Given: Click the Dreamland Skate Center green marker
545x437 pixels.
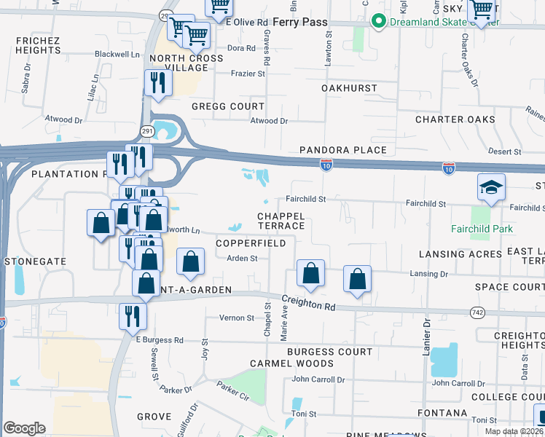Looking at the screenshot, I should [x=377, y=22].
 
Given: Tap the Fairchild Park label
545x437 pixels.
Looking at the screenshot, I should [x=482, y=229].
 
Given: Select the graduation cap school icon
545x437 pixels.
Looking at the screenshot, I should [x=491, y=188].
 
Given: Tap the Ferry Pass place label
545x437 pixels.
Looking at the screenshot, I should [x=300, y=23].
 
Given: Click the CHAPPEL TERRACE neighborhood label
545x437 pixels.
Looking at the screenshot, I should [x=281, y=221].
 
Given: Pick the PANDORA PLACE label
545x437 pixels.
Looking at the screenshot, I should [x=343, y=150].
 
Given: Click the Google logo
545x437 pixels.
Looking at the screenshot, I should [x=24, y=428].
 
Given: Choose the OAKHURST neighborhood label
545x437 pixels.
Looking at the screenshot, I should [x=350, y=88].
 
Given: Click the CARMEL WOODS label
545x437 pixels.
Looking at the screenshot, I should [x=291, y=363].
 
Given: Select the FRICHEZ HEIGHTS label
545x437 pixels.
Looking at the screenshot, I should [x=36, y=45].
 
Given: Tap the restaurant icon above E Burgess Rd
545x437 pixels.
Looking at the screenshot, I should [x=133, y=315].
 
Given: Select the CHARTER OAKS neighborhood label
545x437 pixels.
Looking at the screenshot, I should [x=455, y=119].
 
